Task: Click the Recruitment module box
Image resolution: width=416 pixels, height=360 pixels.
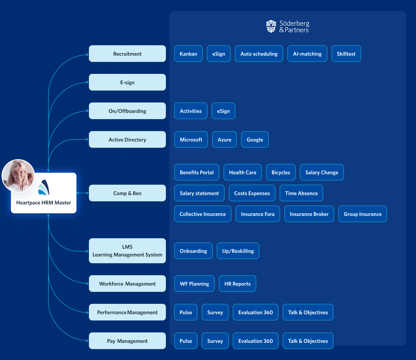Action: pyautogui.click(x=127, y=54)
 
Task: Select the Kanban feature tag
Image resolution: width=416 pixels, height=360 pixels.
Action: pyautogui.click(x=188, y=54)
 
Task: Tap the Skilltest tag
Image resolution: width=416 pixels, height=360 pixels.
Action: pyautogui.click(x=346, y=54)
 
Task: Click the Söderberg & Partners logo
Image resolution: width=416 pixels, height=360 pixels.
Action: pyautogui.click(x=288, y=26)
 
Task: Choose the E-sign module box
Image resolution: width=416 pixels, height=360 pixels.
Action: pyautogui.click(x=127, y=82)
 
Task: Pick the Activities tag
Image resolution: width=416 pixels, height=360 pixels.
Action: pyautogui.click(x=191, y=111)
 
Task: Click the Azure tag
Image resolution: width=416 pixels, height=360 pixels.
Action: pyautogui.click(x=224, y=139)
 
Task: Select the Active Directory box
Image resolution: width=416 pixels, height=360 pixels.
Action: pyautogui.click(x=127, y=139)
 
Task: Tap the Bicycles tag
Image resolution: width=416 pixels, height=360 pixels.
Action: pyautogui.click(x=281, y=172)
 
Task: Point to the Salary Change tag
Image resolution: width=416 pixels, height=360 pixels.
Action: pyautogui.click(x=322, y=172)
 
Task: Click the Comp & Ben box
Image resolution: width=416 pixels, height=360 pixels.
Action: pyautogui.click(x=127, y=193)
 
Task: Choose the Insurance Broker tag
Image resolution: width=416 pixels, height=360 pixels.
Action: pyautogui.click(x=309, y=214)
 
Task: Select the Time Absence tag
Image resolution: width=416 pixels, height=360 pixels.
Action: pyautogui.click(x=301, y=193)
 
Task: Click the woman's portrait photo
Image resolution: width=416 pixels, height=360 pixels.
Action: pyautogui.click(x=18, y=176)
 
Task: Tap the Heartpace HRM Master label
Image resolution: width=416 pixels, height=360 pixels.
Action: pyautogui.click(x=44, y=203)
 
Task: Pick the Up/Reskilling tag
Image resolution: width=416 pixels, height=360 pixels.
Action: pyautogui.click(x=238, y=251)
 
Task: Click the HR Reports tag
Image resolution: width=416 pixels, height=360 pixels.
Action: pyautogui.click(x=237, y=284)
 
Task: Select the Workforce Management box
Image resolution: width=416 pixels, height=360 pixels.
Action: pyautogui.click(x=127, y=284)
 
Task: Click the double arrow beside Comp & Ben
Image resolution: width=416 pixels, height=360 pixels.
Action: pyautogui.click(x=82, y=193)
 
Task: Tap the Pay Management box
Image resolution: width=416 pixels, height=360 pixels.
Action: pyautogui.click(x=127, y=341)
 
